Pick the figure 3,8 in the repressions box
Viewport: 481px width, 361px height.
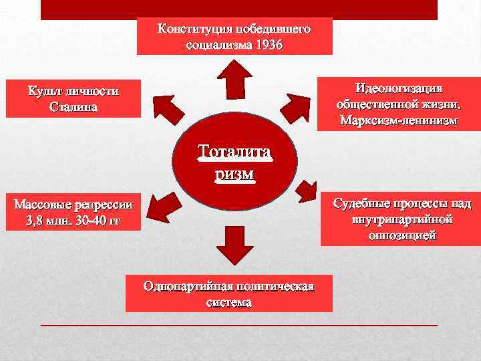coord(37,221)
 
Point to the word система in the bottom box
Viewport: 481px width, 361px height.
coord(228,302)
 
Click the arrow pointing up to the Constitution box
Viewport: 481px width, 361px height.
coord(235,80)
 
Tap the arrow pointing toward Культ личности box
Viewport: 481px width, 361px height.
coord(167,107)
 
